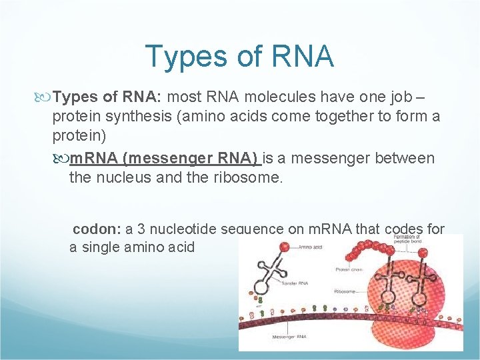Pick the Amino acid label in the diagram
tap(310, 247)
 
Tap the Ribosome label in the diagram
tap(346, 291)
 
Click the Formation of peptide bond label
tap(407, 239)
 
